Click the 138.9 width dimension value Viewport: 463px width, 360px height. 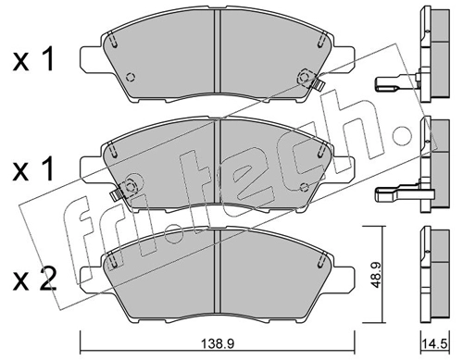pyautogui.click(x=219, y=343)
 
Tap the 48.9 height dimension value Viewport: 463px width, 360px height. pyautogui.click(x=376, y=275)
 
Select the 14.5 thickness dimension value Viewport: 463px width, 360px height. pyautogui.click(x=436, y=343)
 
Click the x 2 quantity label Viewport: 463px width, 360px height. pyautogui.click(x=34, y=279)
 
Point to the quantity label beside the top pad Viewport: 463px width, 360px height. pyautogui.click(x=33, y=58)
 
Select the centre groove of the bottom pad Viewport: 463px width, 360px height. pyautogui.click(x=219, y=271)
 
